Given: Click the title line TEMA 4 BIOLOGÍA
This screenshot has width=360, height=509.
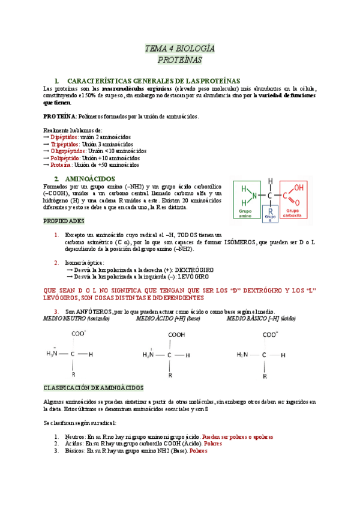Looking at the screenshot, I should pyautogui.click(x=180, y=49).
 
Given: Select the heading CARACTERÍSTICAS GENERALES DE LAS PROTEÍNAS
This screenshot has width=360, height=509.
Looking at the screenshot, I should pyautogui.click(x=154, y=80).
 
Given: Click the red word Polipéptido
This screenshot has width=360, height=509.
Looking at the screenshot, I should pyautogui.click(x=66, y=158).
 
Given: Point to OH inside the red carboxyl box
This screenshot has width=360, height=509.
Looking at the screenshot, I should pyautogui.click(x=298, y=187).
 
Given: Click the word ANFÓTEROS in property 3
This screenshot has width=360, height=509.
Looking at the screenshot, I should pyautogui.click(x=94, y=312).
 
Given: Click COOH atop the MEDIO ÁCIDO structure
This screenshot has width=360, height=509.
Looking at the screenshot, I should pyautogui.click(x=176, y=336).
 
